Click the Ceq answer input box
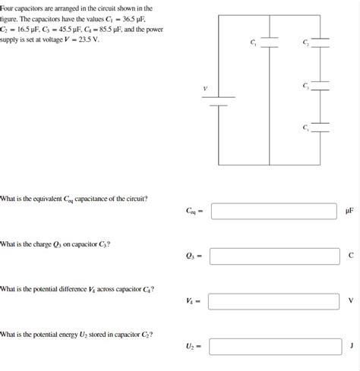(274, 210)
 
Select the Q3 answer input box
(274, 256)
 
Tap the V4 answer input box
(274, 301)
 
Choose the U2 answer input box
(274, 346)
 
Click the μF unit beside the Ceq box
(349, 211)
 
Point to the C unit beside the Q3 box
(350, 256)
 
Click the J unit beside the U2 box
(351, 346)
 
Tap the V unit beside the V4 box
(350, 301)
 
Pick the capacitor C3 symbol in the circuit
(320, 89)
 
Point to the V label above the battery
(204, 90)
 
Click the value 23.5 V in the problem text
(87, 39)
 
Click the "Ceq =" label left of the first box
(194, 211)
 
